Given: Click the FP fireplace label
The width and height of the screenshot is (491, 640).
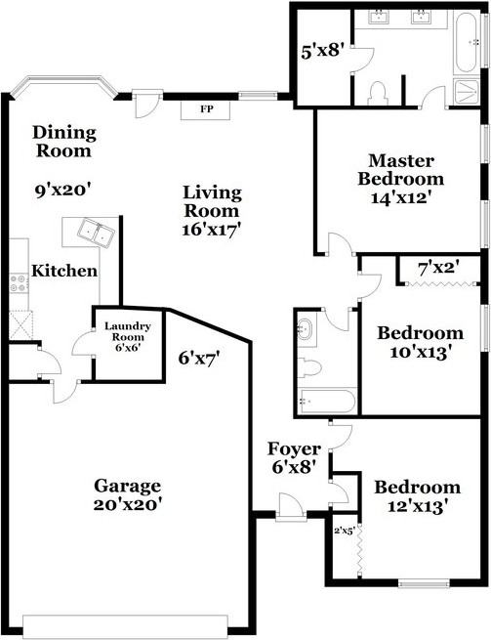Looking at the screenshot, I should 206,108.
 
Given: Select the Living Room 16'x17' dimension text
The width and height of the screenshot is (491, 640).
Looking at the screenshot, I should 212,230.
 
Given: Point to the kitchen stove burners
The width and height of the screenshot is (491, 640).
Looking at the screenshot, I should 19,283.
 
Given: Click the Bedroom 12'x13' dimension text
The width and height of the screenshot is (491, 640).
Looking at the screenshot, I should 417,506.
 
